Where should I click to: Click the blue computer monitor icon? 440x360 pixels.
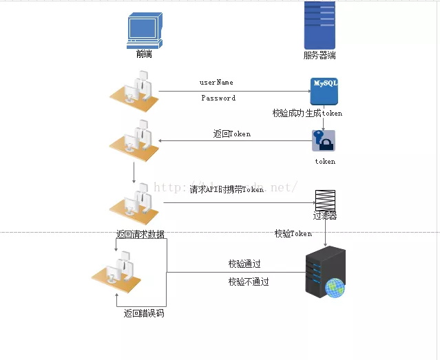coord(143,31)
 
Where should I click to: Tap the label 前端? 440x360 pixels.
coord(144,54)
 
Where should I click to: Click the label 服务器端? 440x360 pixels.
coord(319,55)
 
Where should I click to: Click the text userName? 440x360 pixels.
coord(216,83)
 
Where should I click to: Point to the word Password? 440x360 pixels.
coord(218,98)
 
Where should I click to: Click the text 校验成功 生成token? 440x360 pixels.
coord(307,113)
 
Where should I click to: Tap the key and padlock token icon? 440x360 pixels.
coord(324,141)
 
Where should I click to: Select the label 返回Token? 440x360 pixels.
coord(232,134)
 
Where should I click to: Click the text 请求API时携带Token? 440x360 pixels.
coord(227,189)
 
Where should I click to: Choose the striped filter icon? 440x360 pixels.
coord(325,200)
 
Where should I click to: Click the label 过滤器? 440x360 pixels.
coord(325,216)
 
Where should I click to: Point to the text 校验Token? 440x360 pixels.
coord(293,234)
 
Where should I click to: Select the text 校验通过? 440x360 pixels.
coord(244,264)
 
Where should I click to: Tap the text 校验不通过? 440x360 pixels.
coord(249,282)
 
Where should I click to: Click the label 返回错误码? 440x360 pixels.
coord(144,314)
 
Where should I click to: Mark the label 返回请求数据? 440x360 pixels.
coord(140,234)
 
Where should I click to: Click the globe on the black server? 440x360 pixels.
coord(335,289)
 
